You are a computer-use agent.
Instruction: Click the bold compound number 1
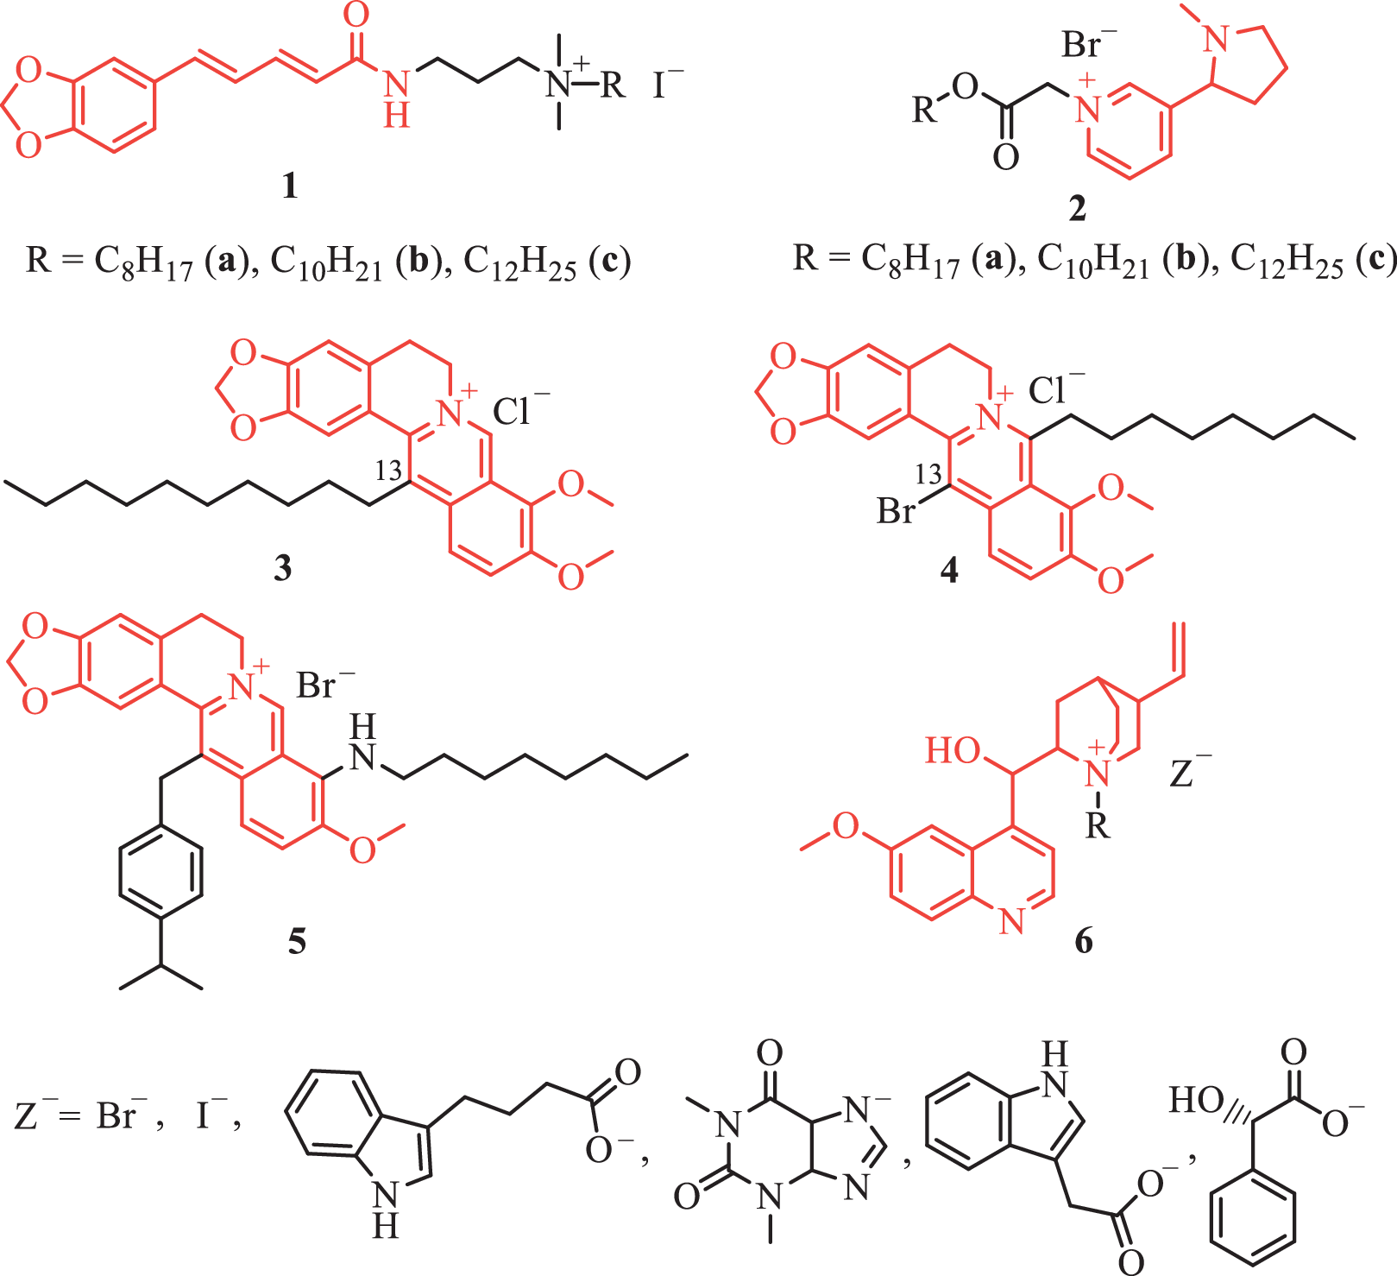(290, 186)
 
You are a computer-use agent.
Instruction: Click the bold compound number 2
(1078, 209)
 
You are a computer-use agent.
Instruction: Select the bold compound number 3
(282, 569)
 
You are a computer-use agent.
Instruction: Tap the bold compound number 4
(949, 570)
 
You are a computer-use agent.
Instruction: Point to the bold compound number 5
(297, 941)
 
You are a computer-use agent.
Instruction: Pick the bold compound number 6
(1084, 940)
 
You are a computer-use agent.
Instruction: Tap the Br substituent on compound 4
(896, 512)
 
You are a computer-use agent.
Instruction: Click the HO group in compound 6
(953, 750)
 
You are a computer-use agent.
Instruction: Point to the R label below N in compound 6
(1097, 826)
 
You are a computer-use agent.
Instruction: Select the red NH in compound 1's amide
(396, 99)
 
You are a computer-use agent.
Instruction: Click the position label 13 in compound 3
(389, 471)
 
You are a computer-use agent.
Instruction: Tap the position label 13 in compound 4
(928, 474)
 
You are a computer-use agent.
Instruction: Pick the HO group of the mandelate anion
(1197, 1100)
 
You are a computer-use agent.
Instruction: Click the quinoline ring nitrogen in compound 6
(1012, 921)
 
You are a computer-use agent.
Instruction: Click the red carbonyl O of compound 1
(356, 15)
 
